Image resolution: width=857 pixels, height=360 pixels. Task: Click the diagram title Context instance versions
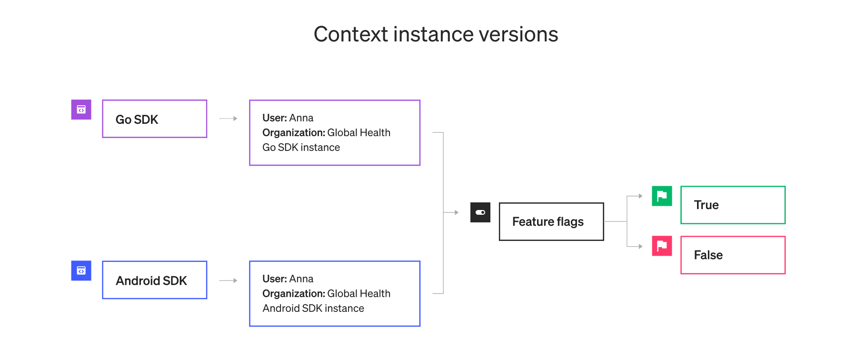(x=436, y=34)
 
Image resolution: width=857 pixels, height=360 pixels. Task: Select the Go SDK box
(x=154, y=119)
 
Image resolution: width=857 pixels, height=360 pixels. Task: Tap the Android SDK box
(x=154, y=280)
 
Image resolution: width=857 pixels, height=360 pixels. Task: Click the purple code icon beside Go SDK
(x=81, y=110)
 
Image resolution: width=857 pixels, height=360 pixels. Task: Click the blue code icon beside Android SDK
(x=81, y=270)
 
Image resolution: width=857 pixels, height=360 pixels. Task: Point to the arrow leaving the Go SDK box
(x=228, y=119)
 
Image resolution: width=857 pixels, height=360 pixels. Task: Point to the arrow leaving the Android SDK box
(x=228, y=280)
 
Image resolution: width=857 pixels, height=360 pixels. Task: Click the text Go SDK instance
(x=301, y=148)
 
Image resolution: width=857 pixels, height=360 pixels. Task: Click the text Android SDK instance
(x=313, y=309)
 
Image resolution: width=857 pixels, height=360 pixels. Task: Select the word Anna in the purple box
(x=301, y=118)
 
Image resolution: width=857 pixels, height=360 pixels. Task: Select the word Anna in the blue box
(x=301, y=279)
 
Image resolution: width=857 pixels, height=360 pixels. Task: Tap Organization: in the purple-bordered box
(x=293, y=133)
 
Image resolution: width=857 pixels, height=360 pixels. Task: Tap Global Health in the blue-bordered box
(x=359, y=294)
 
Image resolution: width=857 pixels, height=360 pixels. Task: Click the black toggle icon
(x=480, y=212)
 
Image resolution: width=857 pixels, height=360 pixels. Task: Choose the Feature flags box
(x=551, y=222)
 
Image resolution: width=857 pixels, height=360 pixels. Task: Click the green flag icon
(x=662, y=196)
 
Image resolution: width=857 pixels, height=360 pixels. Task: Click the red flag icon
(x=662, y=246)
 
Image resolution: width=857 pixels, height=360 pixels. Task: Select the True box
(x=733, y=205)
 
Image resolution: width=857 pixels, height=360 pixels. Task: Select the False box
(x=733, y=255)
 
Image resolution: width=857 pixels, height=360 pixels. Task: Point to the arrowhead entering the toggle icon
(x=457, y=212)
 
